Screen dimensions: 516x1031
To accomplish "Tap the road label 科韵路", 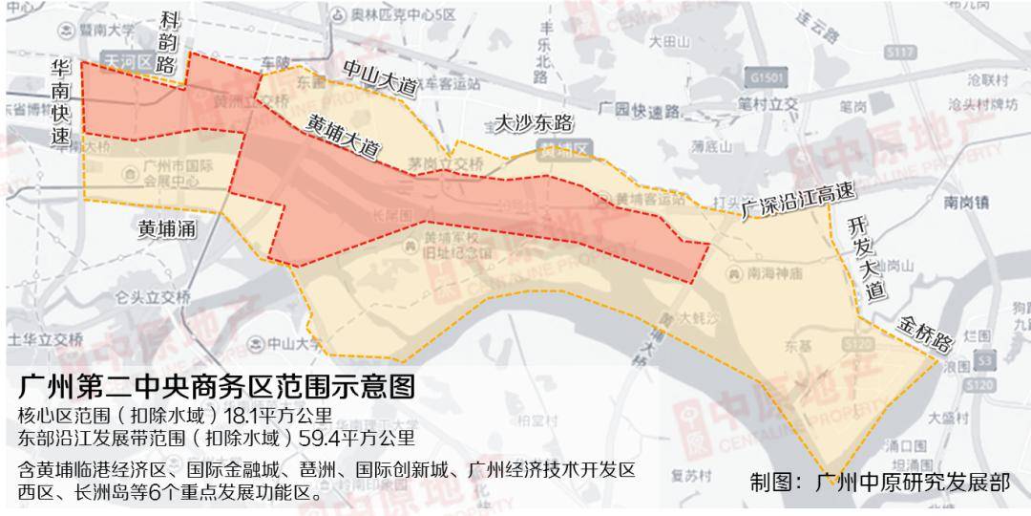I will coord(169,44).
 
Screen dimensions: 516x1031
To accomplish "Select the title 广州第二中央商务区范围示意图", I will coord(217,386).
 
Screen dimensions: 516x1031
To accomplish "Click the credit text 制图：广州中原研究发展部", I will coord(879,483).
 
